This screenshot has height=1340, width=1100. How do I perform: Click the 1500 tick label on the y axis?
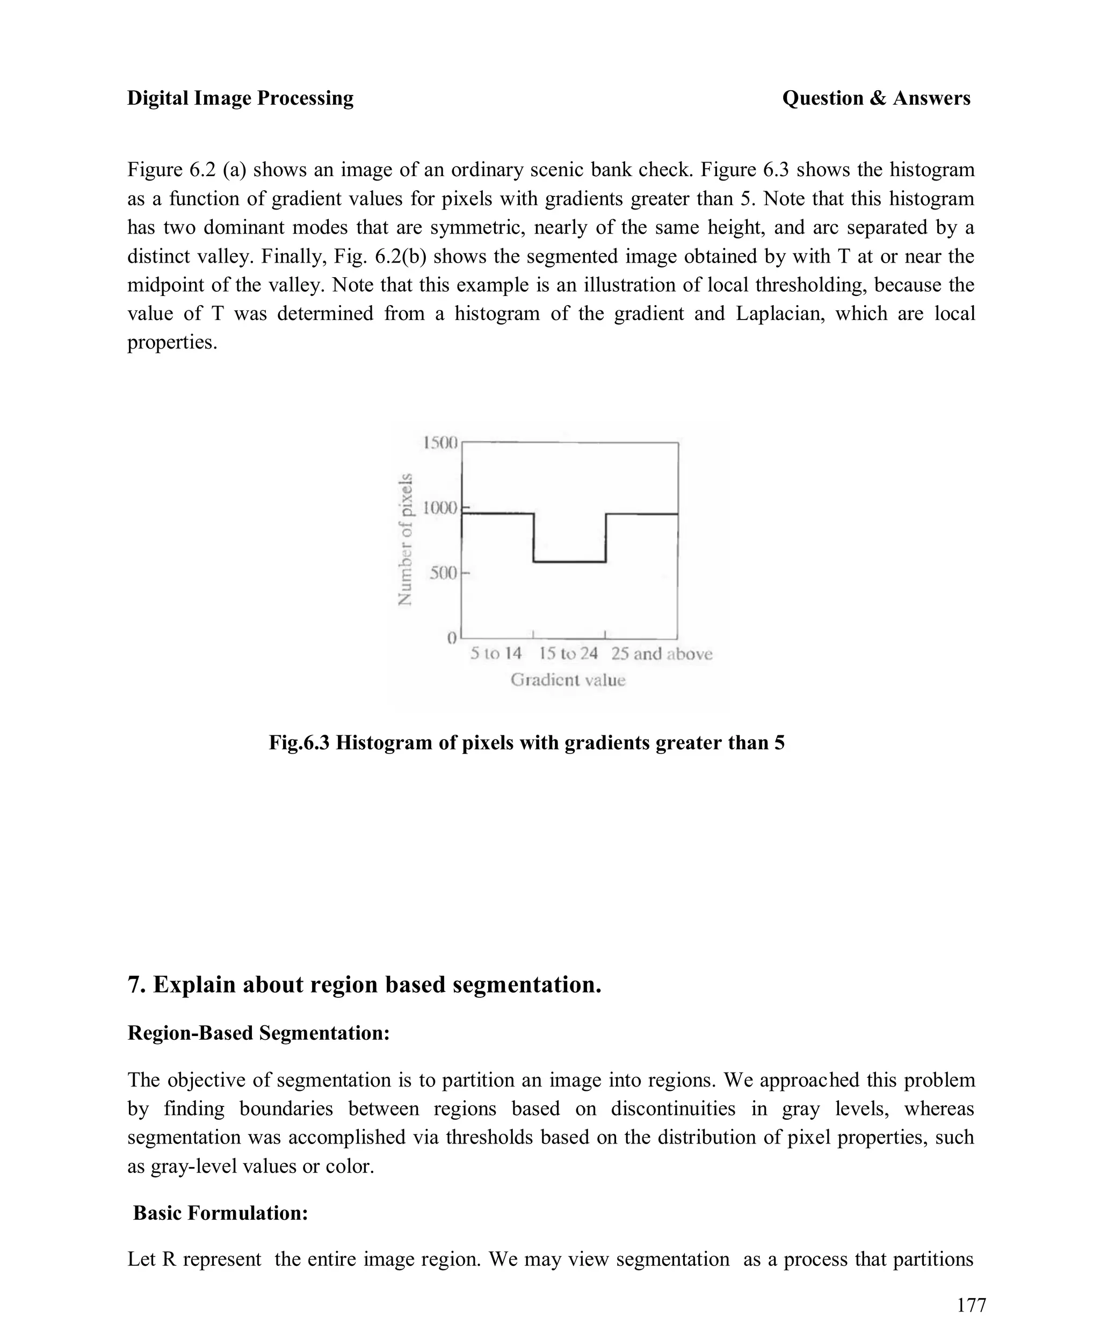(x=439, y=442)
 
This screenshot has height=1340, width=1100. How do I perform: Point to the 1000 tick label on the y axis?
(x=439, y=508)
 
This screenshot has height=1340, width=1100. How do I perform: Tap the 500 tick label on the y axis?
(x=443, y=573)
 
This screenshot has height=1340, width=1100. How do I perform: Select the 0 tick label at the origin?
(x=452, y=638)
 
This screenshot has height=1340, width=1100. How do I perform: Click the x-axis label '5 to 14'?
(x=496, y=653)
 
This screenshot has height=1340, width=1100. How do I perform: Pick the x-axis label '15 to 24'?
(x=568, y=653)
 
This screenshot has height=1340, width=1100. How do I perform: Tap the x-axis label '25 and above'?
(x=662, y=653)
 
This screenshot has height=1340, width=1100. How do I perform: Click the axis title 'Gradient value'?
(x=568, y=680)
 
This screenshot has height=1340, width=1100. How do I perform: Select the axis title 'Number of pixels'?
(x=405, y=539)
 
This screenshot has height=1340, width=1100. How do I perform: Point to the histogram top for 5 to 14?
(x=497, y=514)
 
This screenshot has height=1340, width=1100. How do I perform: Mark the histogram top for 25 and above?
(x=641, y=514)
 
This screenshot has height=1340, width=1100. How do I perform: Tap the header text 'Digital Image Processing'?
(x=240, y=98)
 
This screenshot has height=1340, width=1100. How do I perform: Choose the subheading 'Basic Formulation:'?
(x=221, y=1213)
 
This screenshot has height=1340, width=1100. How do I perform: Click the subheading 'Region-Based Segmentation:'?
(x=258, y=1033)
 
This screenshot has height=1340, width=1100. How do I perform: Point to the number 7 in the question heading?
(x=134, y=985)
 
